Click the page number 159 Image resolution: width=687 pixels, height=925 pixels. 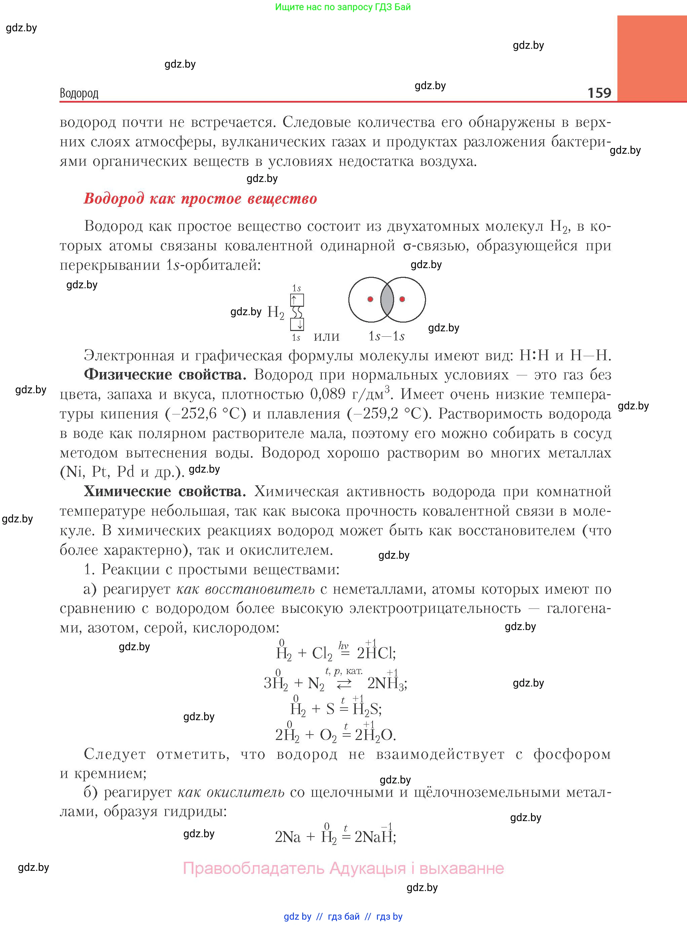pyautogui.click(x=599, y=92)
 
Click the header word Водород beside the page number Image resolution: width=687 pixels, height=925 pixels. pyautogui.click(x=79, y=93)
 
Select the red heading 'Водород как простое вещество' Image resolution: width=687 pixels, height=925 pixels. pyautogui.click(x=200, y=198)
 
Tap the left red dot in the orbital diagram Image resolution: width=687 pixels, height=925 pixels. pyautogui.click(x=370, y=299)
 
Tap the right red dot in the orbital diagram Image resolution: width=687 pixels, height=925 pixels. pyautogui.click(x=402, y=299)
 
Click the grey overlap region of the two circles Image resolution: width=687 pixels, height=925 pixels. pyautogui.click(x=387, y=299)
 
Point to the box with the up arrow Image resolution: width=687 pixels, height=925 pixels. pyautogui.click(x=297, y=300)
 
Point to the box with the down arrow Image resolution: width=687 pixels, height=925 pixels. pyautogui.click(x=297, y=324)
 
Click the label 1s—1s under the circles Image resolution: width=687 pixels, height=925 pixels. pyautogui.click(x=386, y=336)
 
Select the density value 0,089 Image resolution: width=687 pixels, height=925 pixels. pyautogui.click(x=328, y=394)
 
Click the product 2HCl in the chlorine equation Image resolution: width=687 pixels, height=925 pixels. pyautogui.click(x=376, y=653)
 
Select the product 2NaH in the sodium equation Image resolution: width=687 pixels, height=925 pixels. pyautogui.click(x=374, y=837)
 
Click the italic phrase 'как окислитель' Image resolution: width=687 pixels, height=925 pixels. pyautogui.click(x=231, y=792)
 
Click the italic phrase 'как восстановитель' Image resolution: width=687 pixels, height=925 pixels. pyautogui.click(x=245, y=589)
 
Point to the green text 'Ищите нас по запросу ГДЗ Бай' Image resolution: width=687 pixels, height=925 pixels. pyautogui.click(x=343, y=7)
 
